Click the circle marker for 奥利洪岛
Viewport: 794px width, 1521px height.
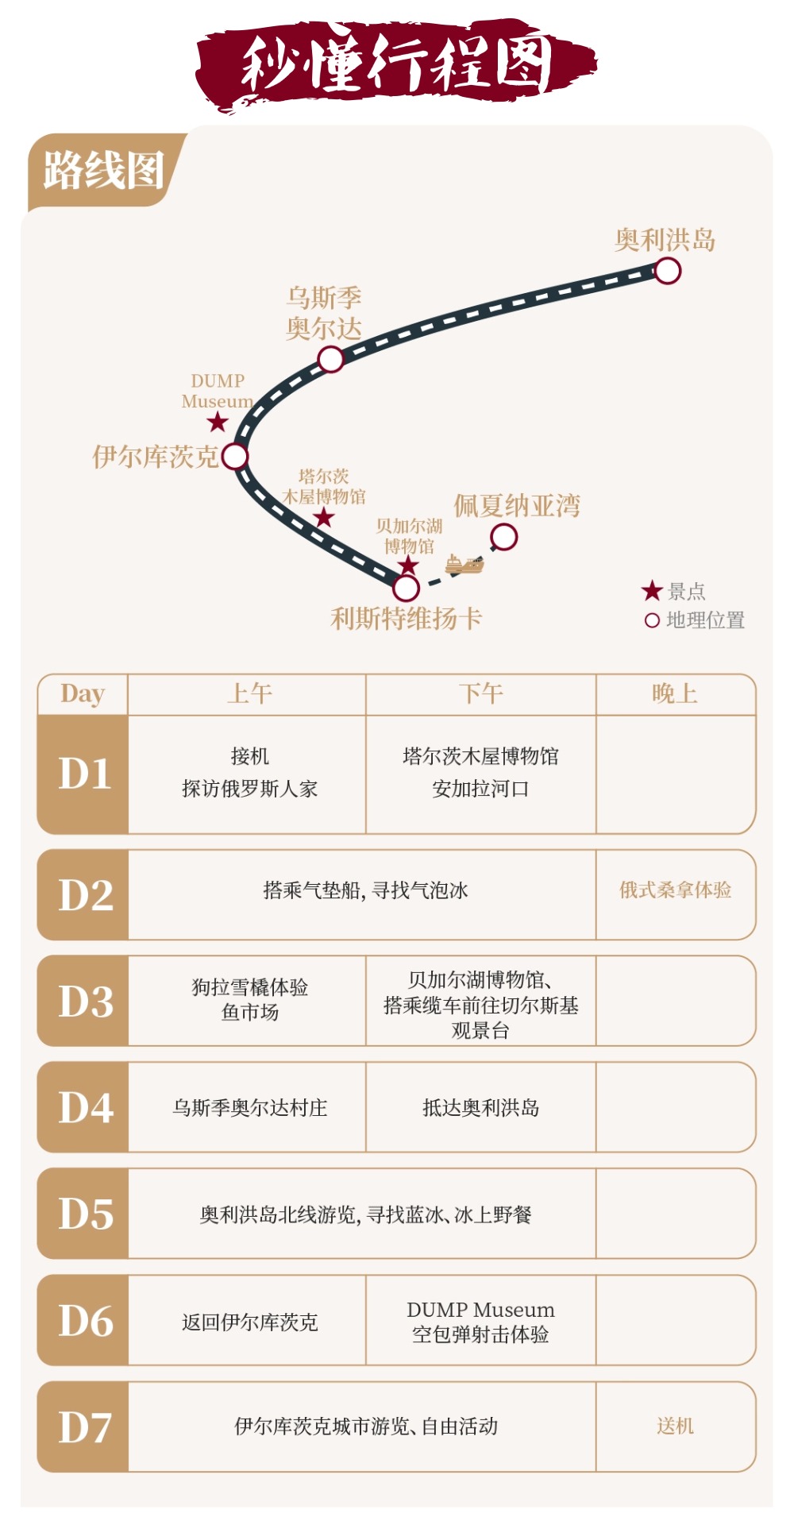click(667, 271)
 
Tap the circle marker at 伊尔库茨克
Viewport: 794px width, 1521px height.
click(235, 457)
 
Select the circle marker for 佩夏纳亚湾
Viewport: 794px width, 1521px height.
click(504, 537)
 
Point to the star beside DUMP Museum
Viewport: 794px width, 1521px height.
click(218, 423)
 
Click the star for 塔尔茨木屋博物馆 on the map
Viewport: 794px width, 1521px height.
click(324, 518)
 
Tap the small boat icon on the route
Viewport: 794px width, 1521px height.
click(464, 565)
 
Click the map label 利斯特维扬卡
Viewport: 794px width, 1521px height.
click(406, 618)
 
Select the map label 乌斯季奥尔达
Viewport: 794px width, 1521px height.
click(324, 313)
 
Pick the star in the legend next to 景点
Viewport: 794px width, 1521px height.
click(652, 591)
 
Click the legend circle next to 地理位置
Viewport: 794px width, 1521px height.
click(652, 620)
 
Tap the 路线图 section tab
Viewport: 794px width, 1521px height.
click(103, 170)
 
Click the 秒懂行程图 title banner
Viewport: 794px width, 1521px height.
click(396, 64)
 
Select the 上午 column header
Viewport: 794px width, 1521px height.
click(249, 693)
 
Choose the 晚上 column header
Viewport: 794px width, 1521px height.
click(675, 693)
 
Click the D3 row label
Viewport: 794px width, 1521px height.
click(85, 1001)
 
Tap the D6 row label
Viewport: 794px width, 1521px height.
click(85, 1320)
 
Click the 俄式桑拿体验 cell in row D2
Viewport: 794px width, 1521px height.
click(675, 890)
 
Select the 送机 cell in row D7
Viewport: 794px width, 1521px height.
click(675, 1426)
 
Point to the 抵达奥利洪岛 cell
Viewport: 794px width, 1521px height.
click(480, 1107)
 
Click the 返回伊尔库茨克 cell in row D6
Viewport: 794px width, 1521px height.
click(249, 1322)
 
